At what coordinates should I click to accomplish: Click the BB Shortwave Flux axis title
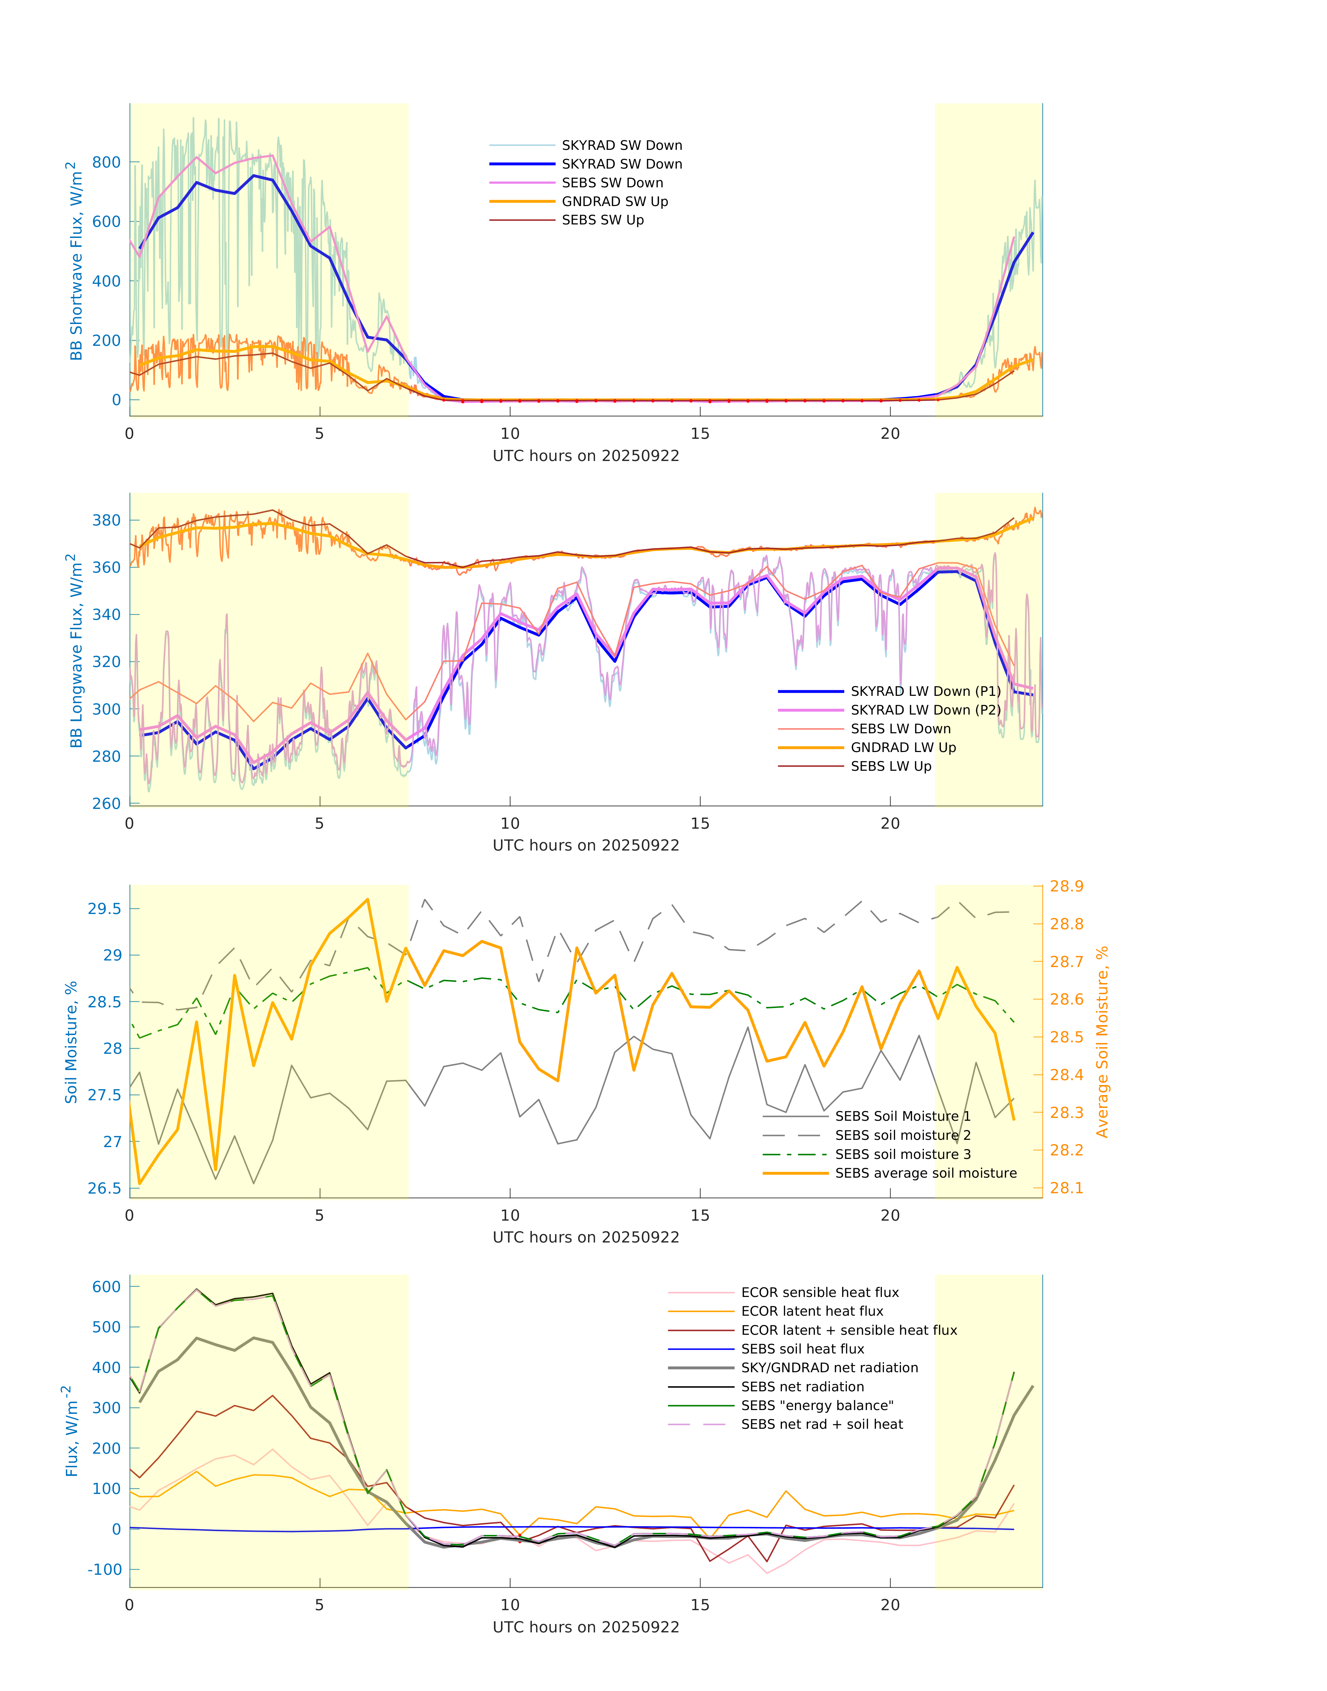tap(75, 261)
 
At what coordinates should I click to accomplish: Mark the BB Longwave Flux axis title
tap(75, 651)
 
